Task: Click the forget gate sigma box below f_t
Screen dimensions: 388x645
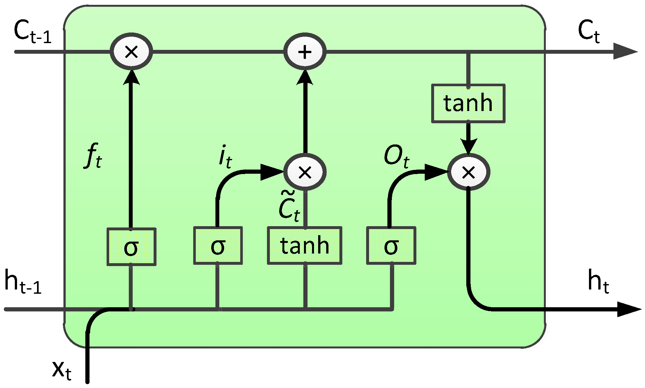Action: pos(131,247)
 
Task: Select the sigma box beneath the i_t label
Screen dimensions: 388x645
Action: pos(218,246)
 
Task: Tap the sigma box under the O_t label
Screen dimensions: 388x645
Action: pos(391,246)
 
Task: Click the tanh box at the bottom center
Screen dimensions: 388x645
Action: pos(305,246)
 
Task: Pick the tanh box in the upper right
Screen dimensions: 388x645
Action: pos(468,103)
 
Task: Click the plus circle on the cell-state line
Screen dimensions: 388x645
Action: pos(305,51)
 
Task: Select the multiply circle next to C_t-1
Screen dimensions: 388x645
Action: pos(131,51)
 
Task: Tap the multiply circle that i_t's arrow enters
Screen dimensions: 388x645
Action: pos(305,172)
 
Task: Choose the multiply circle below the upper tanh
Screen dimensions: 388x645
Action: pos(469,172)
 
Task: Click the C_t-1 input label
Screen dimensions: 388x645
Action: pos(32,32)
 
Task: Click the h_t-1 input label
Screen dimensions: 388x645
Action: pos(23,282)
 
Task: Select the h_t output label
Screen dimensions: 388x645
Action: pos(598,282)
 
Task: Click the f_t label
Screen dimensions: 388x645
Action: pos(94,156)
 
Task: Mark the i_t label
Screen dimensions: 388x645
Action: pos(225,157)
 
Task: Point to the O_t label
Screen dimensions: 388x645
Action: pos(396,156)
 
